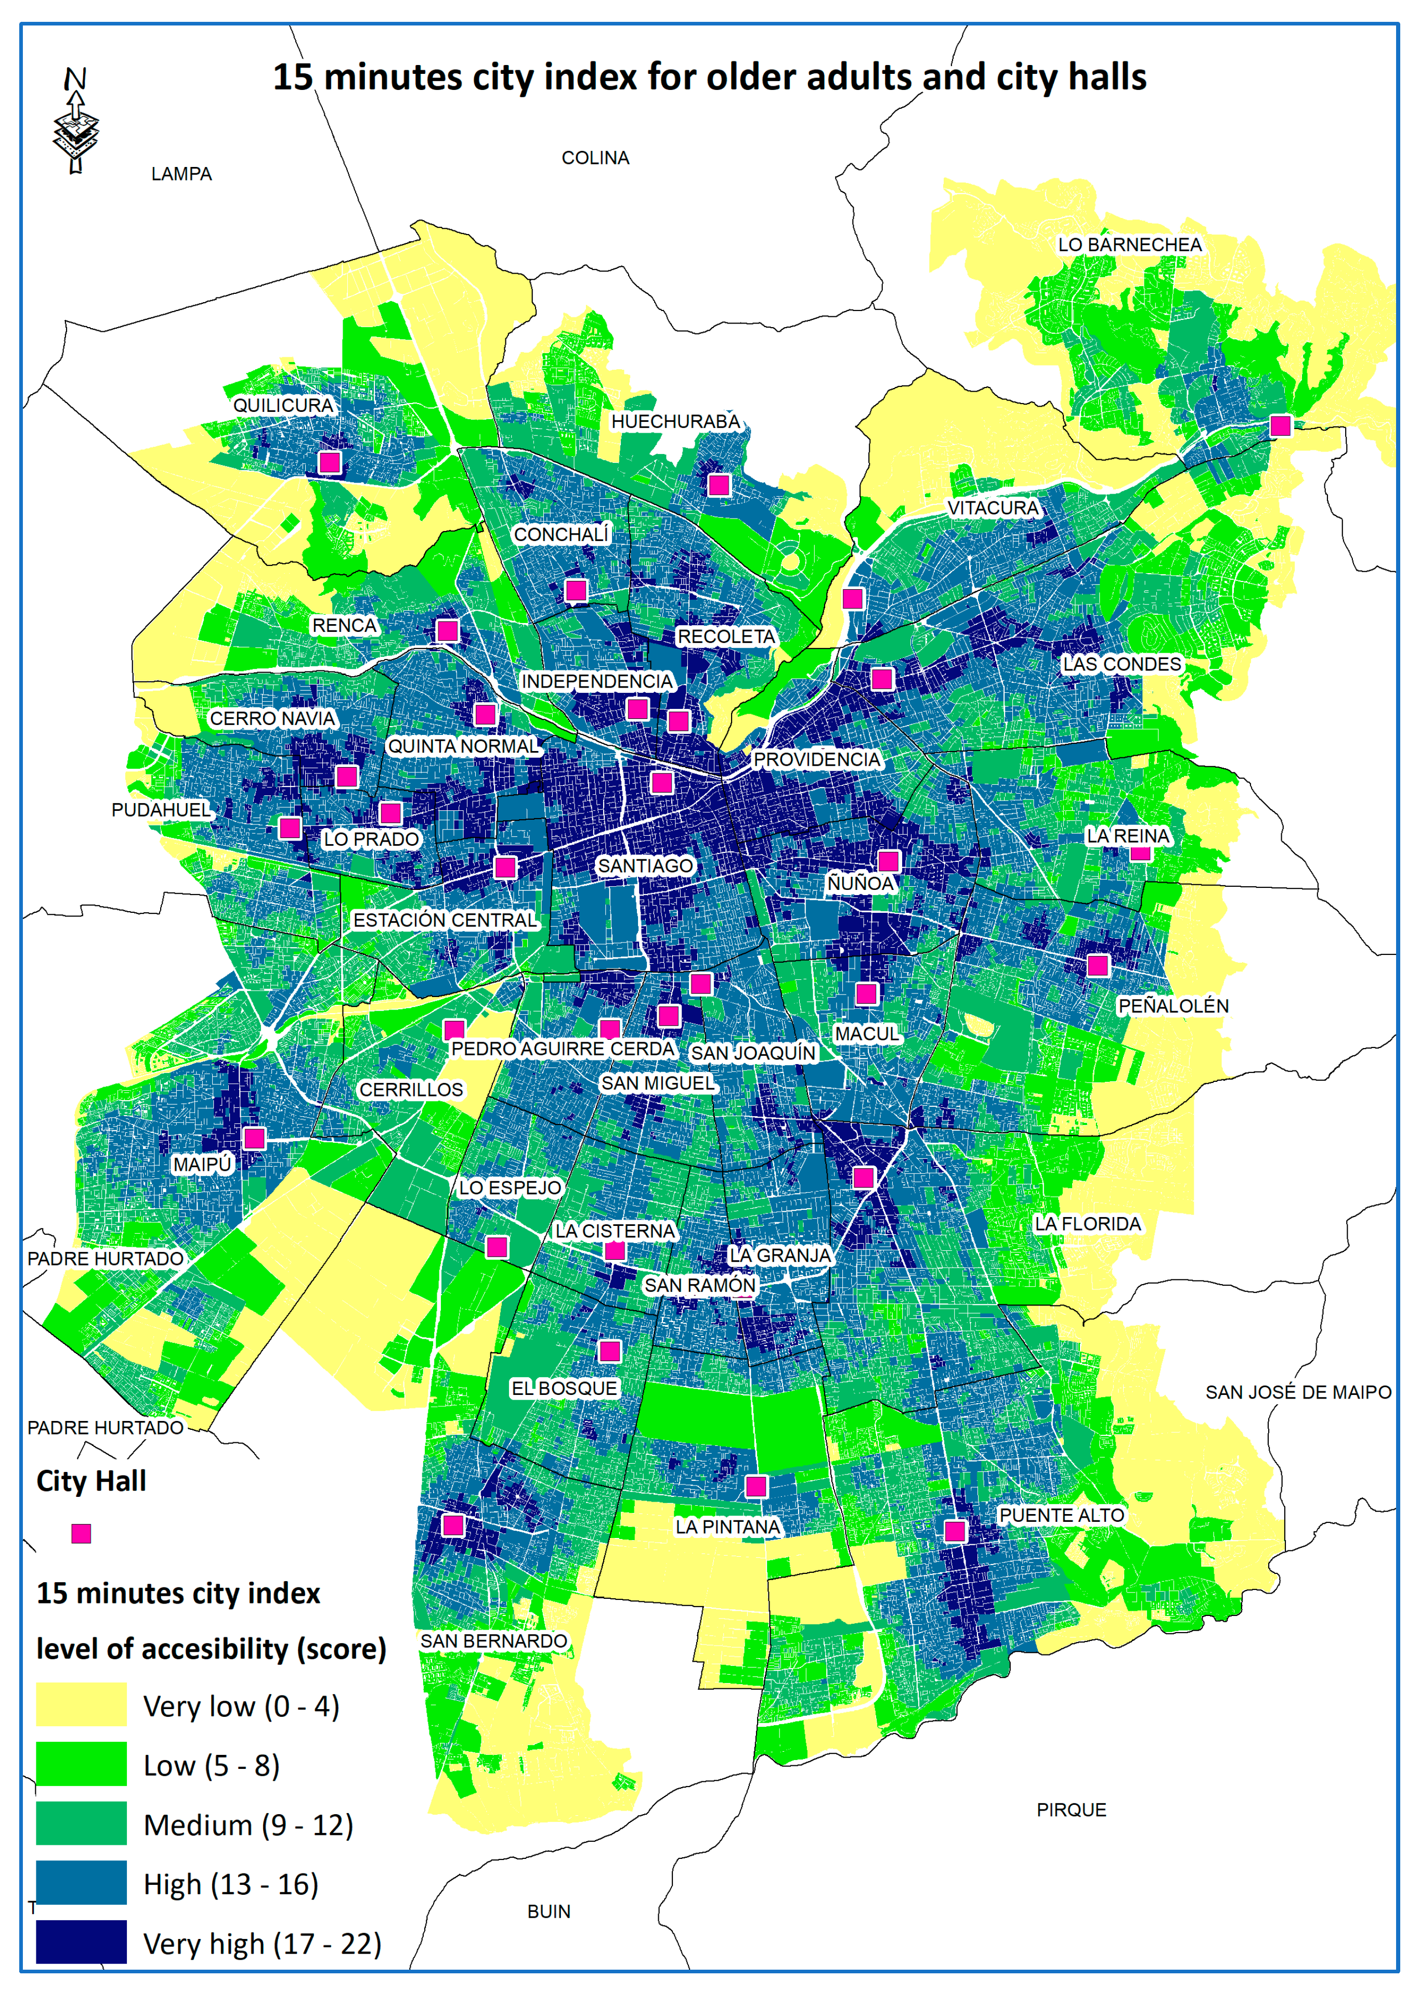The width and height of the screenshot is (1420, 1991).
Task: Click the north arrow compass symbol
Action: (76, 122)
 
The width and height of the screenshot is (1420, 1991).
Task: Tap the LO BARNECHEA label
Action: (1130, 245)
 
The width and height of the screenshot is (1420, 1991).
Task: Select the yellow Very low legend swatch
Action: (81, 1704)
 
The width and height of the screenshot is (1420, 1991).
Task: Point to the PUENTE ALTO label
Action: (1062, 1515)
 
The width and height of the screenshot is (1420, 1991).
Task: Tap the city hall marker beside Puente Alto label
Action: (955, 1531)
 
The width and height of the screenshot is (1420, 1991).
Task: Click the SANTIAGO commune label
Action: (645, 865)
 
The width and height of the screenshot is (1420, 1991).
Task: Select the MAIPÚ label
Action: (202, 1165)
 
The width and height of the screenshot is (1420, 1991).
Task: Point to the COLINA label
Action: (595, 158)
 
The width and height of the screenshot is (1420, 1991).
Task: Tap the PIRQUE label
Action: (1071, 1810)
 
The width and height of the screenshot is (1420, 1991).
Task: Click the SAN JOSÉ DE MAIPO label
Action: (1298, 1392)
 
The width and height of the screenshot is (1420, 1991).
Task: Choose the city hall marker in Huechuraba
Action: (719, 484)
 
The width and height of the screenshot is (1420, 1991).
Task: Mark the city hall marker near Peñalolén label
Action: (1097, 965)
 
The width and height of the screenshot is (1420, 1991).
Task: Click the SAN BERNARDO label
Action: (494, 1641)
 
